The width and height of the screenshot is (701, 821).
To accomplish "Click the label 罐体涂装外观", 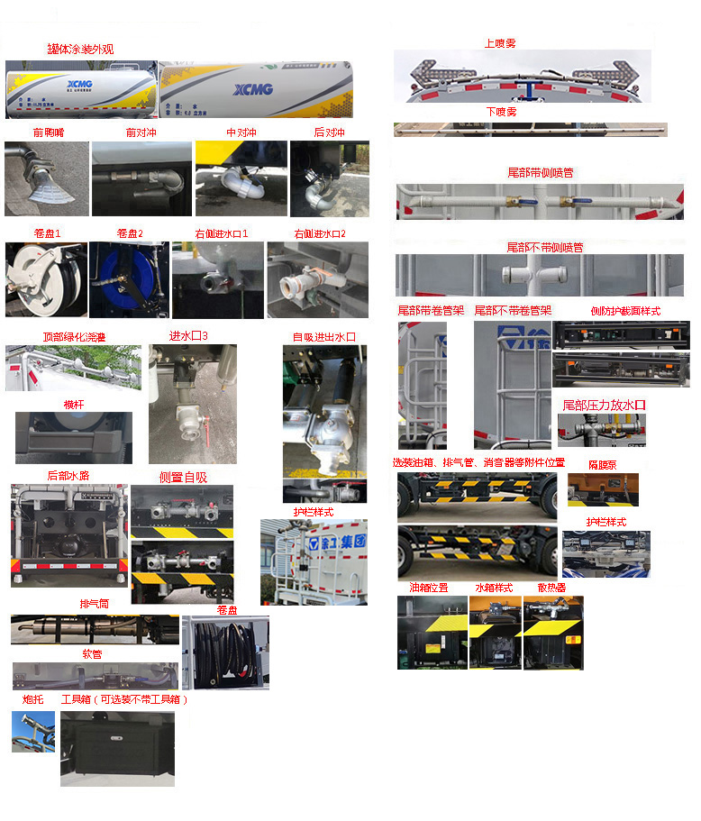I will click(81, 49).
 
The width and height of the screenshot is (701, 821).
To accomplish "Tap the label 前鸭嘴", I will click(48, 132).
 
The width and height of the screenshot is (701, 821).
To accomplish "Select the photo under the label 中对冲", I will click(241, 178).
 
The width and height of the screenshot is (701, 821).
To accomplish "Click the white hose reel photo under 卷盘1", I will click(46, 279).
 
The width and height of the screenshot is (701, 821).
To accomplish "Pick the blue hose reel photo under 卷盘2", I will click(129, 279).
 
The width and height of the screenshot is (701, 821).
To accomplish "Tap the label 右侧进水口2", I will click(319, 233).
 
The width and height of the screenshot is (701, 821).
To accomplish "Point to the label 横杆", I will click(74, 405).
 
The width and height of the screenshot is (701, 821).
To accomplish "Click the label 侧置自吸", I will click(183, 477).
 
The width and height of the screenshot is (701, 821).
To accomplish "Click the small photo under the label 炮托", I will click(33, 732).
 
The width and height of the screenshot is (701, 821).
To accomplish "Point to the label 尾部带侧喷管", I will click(541, 172).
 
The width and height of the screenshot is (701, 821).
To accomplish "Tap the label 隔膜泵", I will click(602, 465).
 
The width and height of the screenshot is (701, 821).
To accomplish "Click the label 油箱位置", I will click(428, 588).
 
